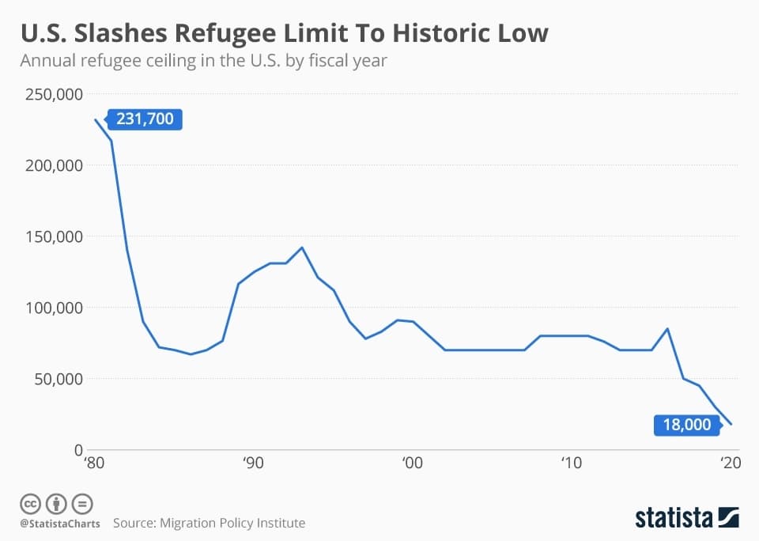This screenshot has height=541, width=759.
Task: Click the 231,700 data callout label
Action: [x=145, y=119]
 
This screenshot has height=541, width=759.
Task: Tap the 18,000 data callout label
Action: [x=687, y=425]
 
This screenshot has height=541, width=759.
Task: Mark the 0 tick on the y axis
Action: [x=78, y=450]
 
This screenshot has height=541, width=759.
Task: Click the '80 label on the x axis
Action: [x=94, y=463]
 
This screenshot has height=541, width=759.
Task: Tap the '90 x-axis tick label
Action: [x=253, y=463]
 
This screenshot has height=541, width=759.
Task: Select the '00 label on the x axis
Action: [x=411, y=463]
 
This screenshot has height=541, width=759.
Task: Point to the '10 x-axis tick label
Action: [x=571, y=463]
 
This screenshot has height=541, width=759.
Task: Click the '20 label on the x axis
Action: [x=729, y=463]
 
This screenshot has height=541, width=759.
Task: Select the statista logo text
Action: [x=673, y=518]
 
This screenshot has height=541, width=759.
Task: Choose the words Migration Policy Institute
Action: [x=232, y=523]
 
